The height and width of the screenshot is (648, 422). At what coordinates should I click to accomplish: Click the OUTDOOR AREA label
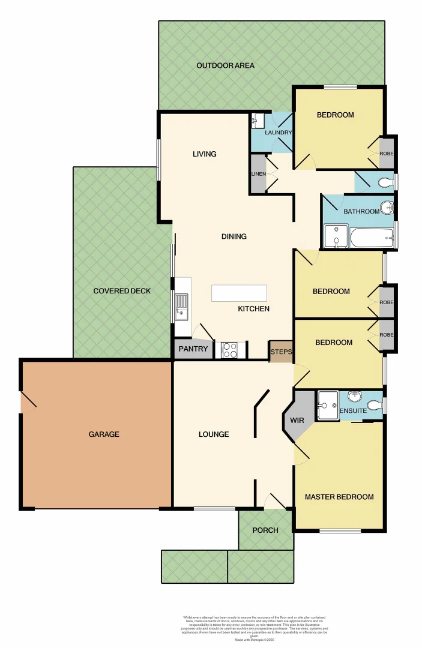(225, 65)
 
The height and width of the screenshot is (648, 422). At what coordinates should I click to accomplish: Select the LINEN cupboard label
(258, 174)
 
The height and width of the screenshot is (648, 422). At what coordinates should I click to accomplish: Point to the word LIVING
(204, 154)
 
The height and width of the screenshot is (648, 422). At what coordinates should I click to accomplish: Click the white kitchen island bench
(238, 293)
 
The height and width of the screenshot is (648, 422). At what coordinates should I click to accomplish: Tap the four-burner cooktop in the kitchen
(229, 350)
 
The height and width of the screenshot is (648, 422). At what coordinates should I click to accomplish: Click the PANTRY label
(193, 349)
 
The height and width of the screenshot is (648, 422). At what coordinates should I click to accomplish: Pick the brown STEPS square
(280, 352)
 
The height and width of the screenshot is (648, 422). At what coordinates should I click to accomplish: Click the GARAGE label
(104, 434)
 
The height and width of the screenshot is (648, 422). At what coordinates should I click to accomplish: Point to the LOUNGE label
(214, 434)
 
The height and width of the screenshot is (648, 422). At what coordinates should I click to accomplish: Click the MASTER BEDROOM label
(339, 497)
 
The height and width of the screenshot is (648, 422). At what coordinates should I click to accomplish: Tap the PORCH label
(265, 530)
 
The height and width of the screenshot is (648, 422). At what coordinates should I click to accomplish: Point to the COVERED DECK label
(122, 291)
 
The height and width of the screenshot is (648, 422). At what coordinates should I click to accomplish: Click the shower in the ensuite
(328, 404)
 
